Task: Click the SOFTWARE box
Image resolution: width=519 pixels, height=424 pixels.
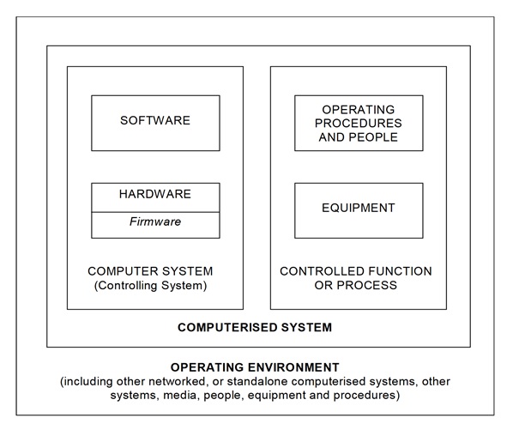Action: [155, 122]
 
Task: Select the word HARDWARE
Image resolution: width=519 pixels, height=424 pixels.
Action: [155, 195]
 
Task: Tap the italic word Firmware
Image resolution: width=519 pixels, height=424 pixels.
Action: [155, 221]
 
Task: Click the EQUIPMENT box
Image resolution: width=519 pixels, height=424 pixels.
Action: [359, 209]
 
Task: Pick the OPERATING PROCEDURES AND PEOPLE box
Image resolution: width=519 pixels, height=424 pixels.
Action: [359, 123]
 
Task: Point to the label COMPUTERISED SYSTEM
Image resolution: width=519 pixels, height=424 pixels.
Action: [254, 327]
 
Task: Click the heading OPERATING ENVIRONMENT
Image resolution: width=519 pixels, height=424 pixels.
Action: [255, 366]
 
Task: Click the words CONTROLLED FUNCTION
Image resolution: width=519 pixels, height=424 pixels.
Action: [356, 271]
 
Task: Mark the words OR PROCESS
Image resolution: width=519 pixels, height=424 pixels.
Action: [356, 286]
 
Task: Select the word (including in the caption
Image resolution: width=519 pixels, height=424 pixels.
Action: [90, 380]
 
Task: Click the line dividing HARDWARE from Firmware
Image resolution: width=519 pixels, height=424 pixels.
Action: [155, 211]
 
